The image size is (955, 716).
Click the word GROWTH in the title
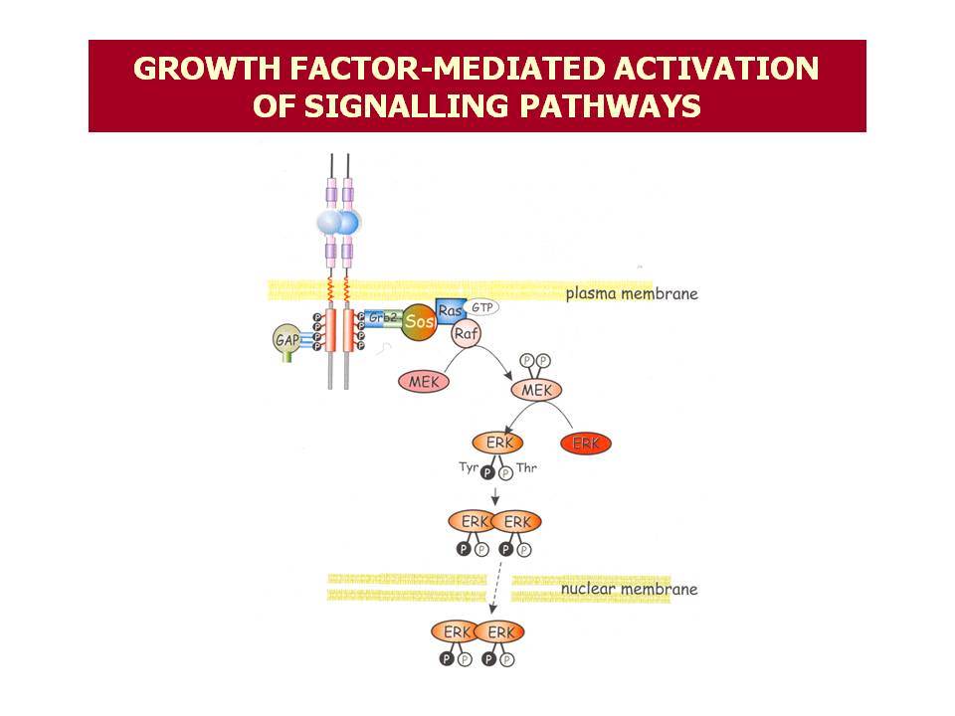pos(207,69)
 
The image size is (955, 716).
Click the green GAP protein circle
pos(286,339)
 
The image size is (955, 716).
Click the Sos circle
pos(419,321)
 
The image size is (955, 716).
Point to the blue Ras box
pos(450,310)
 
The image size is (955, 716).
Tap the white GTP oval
pos(481,307)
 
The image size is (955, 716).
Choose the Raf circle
pos(466,334)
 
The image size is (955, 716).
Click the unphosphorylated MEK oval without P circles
pos(424,382)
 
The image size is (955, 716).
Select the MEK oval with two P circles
pos(536,390)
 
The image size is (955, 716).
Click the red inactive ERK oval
pos(586,444)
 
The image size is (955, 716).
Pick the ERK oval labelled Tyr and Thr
pos(497,442)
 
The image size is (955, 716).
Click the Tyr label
pos(469,467)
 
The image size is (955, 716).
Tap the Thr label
pos(527,467)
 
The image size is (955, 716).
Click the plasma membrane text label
pos(632,293)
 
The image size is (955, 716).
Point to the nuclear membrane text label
pos(629,589)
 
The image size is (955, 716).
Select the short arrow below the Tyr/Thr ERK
pos(495,496)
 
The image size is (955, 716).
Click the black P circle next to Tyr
pos(487,473)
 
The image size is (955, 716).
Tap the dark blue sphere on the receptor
pos(348,223)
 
